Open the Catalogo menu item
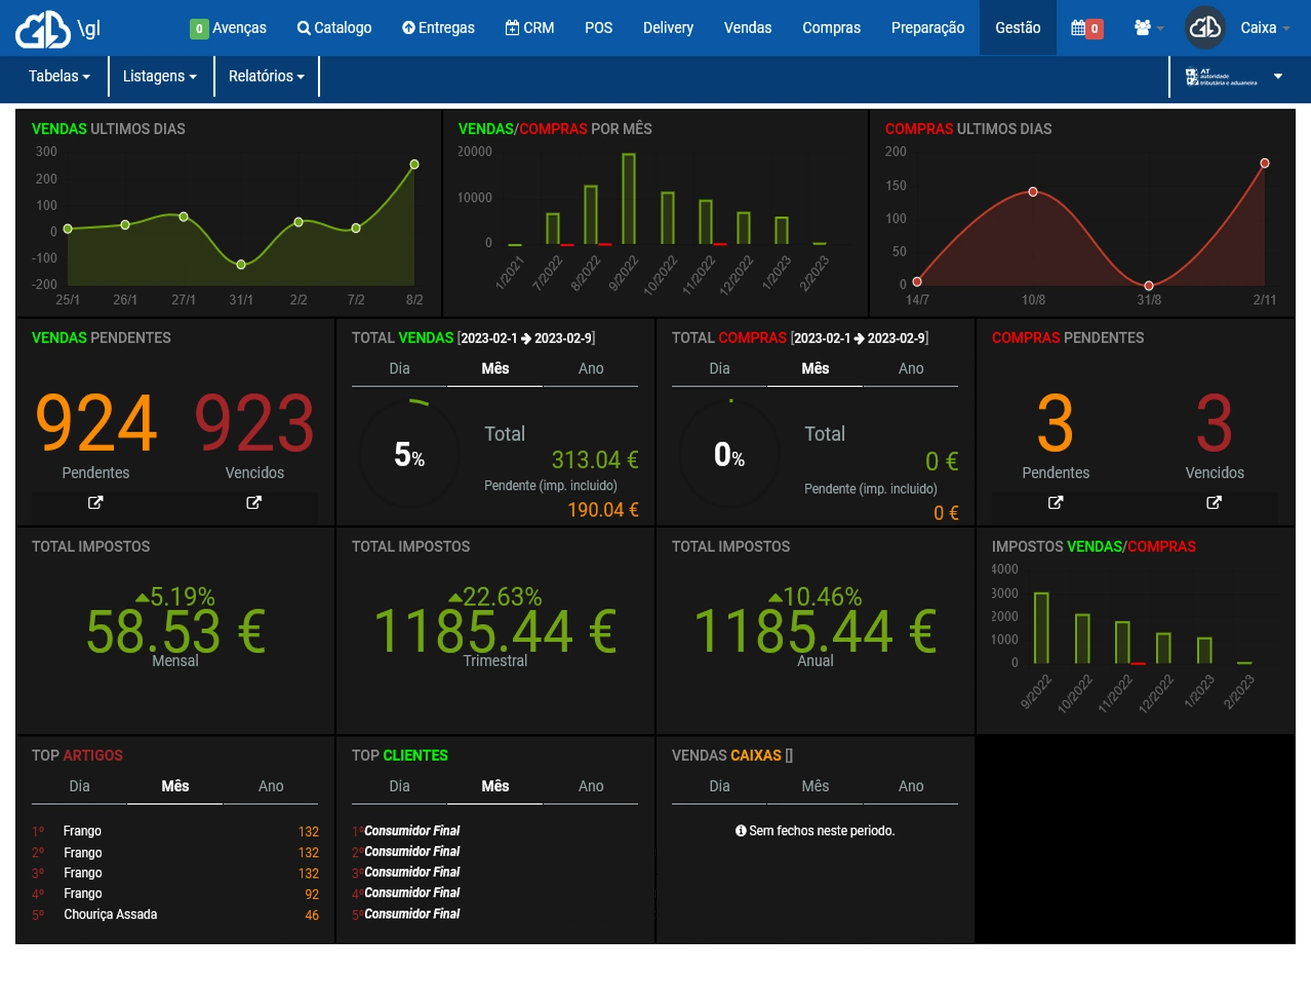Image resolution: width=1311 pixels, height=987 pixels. [334, 27]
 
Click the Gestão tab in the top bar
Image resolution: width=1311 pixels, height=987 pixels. [1017, 27]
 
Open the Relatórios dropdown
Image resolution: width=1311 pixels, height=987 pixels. [266, 76]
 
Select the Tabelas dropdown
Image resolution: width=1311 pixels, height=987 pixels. [59, 76]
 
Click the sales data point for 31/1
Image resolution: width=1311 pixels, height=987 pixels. [241, 265]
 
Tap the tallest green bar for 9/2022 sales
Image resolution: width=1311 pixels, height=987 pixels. [629, 199]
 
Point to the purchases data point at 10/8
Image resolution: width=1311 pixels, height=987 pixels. [1032, 192]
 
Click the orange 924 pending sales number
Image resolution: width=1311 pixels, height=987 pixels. [96, 422]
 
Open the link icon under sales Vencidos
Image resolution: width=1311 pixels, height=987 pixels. [253, 502]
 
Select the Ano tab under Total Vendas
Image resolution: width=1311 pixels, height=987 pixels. [591, 369]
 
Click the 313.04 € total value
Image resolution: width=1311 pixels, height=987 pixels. [594, 460]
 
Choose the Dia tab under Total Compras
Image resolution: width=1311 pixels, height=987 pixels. [719, 369]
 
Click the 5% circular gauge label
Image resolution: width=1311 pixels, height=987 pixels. [409, 455]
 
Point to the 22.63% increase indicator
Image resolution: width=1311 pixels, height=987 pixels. [496, 597]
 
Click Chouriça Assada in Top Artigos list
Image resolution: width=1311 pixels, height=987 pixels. [111, 914]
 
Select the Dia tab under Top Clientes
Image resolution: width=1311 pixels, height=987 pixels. [399, 786]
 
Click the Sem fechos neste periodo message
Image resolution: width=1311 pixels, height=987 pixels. [815, 831]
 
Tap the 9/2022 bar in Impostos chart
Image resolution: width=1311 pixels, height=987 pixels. [1041, 627]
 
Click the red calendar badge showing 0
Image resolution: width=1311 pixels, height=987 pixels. [1094, 28]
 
